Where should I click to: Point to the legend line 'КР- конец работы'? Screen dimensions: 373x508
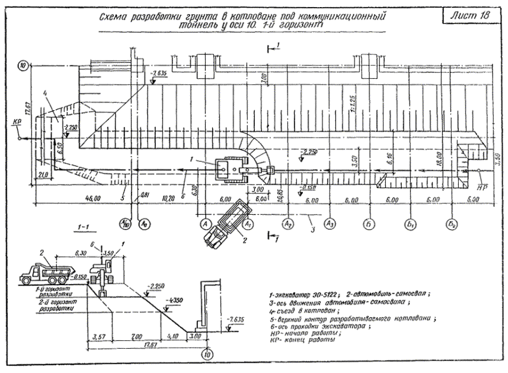click(303, 342)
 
